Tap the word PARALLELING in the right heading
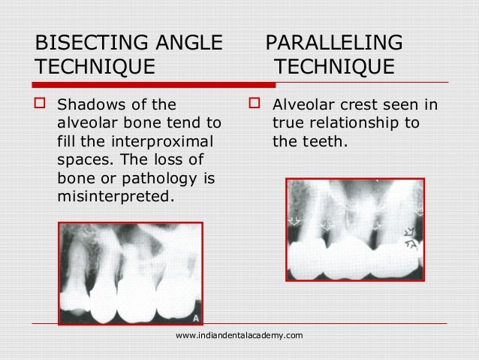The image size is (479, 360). [x=334, y=42]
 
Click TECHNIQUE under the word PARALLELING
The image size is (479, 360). [x=334, y=68]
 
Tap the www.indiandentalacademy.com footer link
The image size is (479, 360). [x=239, y=334]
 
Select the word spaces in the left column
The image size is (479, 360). [x=79, y=159]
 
